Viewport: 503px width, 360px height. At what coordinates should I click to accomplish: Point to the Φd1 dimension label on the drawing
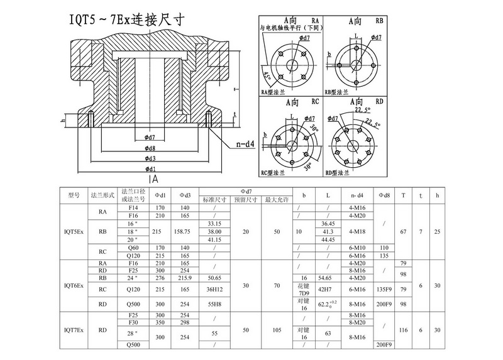[150, 169]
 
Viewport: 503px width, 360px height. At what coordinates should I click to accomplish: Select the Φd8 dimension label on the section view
[150, 148]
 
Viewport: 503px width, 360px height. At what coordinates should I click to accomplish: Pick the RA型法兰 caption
[274, 92]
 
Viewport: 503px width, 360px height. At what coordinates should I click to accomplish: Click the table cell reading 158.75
[185, 232]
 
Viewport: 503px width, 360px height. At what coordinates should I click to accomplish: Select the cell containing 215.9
[185, 277]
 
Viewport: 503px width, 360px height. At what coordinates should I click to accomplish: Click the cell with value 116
[403, 329]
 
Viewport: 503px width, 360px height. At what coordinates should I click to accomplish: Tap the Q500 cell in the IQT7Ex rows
[133, 345]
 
